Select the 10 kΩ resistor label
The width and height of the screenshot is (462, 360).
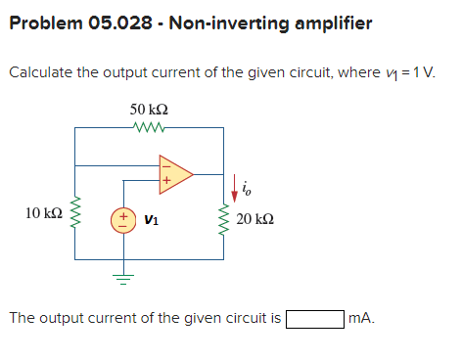45,212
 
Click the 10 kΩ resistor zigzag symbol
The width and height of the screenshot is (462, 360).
74,212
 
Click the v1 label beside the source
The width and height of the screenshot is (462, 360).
152,219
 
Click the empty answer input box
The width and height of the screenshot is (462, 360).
314,318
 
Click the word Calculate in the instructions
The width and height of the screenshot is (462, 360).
44,73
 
